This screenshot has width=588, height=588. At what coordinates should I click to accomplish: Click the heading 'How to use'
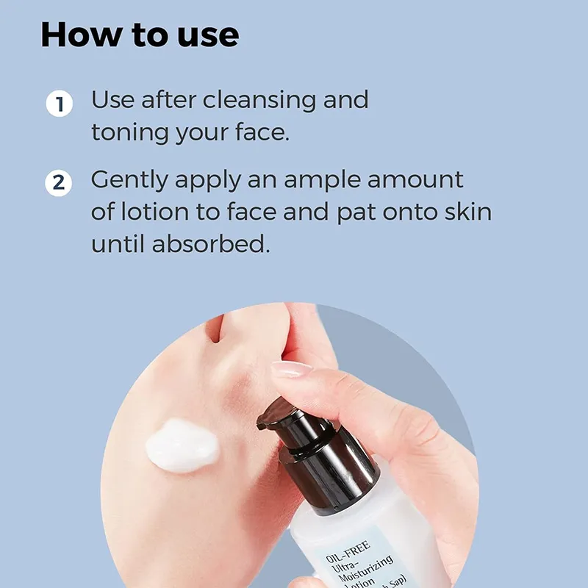(x=140, y=35)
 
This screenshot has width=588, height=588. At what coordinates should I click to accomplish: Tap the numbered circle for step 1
(x=60, y=104)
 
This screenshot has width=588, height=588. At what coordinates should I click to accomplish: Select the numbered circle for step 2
(x=59, y=183)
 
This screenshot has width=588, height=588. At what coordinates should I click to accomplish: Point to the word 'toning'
(x=130, y=134)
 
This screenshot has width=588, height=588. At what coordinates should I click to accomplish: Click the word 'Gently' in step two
(x=129, y=181)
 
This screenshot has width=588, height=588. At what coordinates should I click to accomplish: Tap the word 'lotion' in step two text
(x=155, y=212)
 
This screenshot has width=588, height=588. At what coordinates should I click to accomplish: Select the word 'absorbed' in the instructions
(x=211, y=244)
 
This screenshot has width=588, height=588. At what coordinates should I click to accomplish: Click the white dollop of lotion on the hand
(x=182, y=445)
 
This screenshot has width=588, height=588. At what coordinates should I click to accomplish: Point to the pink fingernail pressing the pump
(x=291, y=369)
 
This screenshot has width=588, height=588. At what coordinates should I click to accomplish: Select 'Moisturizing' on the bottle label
(x=366, y=570)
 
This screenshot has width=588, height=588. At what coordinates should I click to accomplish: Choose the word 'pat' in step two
(x=356, y=212)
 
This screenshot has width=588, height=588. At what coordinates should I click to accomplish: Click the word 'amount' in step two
(x=415, y=180)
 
